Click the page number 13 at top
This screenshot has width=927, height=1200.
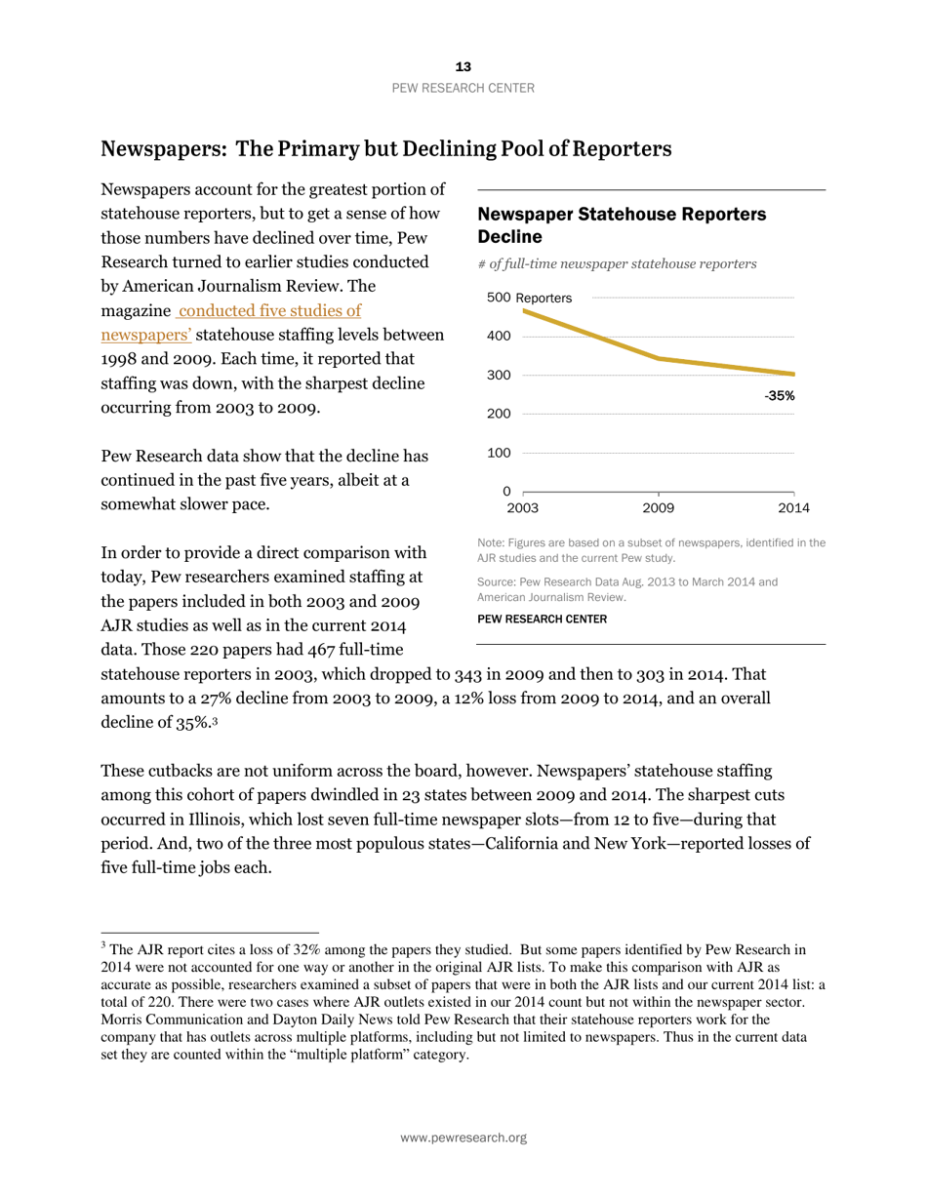point(463,66)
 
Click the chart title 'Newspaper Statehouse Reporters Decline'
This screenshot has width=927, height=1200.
point(621,224)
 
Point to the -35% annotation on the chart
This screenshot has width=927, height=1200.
point(779,396)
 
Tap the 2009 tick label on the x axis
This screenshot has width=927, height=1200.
point(658,508)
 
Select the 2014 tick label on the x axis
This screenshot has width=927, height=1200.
point(793,508)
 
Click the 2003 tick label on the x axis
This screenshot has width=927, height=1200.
point(523,508)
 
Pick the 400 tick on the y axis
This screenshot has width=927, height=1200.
point(499,337)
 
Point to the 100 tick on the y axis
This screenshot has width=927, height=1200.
point(499,453)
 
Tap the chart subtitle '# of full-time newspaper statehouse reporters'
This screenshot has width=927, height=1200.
point(617,263)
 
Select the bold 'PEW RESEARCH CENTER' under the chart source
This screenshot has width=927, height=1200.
point(542,619)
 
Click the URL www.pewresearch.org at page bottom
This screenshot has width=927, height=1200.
point(463,1138)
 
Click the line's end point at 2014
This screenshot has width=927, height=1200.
point(793,375)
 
